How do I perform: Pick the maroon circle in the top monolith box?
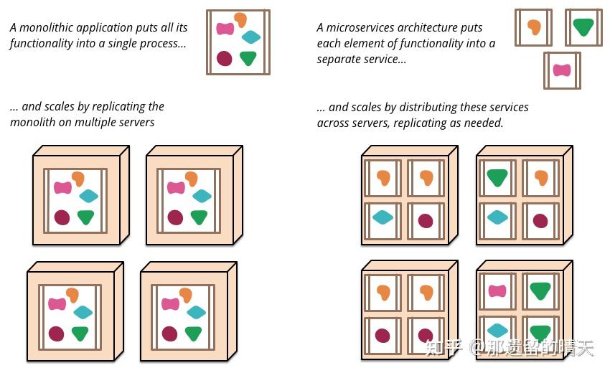(x=225, y=59)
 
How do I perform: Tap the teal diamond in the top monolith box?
(x=251, y=37)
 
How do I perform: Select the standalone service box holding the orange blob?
(x=534, y=27)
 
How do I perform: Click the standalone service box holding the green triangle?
(x=583, y=27)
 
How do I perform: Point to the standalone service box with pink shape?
(x=562, y=70)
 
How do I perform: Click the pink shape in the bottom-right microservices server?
(x=497, y=291)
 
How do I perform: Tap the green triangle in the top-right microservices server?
(x=497, y=176)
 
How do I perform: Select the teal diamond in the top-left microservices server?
(x=383, y=217)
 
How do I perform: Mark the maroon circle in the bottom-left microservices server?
(x=383, y=335)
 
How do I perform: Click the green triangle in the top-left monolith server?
(x=86, y=217)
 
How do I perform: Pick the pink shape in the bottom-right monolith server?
(x=170, y=303)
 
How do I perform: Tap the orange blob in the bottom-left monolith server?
(x=72, y=294)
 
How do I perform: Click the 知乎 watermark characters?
(x=444, y=348)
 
